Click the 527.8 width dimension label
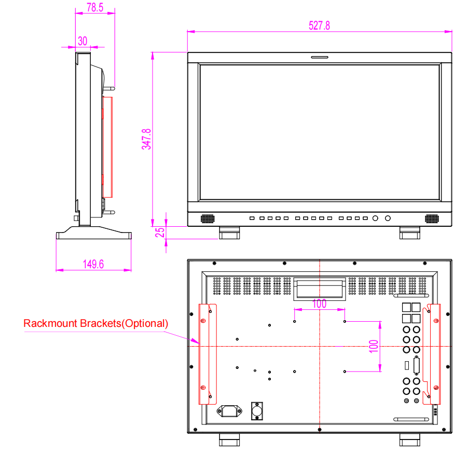(x=319, y=25)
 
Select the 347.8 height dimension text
(x=146, y=139)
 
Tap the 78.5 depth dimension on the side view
(x=95, y=7)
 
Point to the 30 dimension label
(x=82, y=41)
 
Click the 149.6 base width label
(x=93, y=264)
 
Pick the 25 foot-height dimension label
(x=160, y=232)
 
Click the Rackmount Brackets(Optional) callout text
(x=96, y=323)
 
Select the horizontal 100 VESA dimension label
(x=320, y=304)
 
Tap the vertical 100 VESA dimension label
(x=374, y=347)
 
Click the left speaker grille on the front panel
(x=208, y=218)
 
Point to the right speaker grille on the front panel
(x=432, y=218)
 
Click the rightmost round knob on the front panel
(x=388, y=218)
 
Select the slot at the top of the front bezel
(x=320, y=57)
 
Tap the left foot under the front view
(x=229, y=233)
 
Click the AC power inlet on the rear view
(x=229, y=411)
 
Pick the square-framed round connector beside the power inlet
(x=257, y=411)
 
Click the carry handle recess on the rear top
(x=320, y=289)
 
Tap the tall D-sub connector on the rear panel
(x=416, y=365)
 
